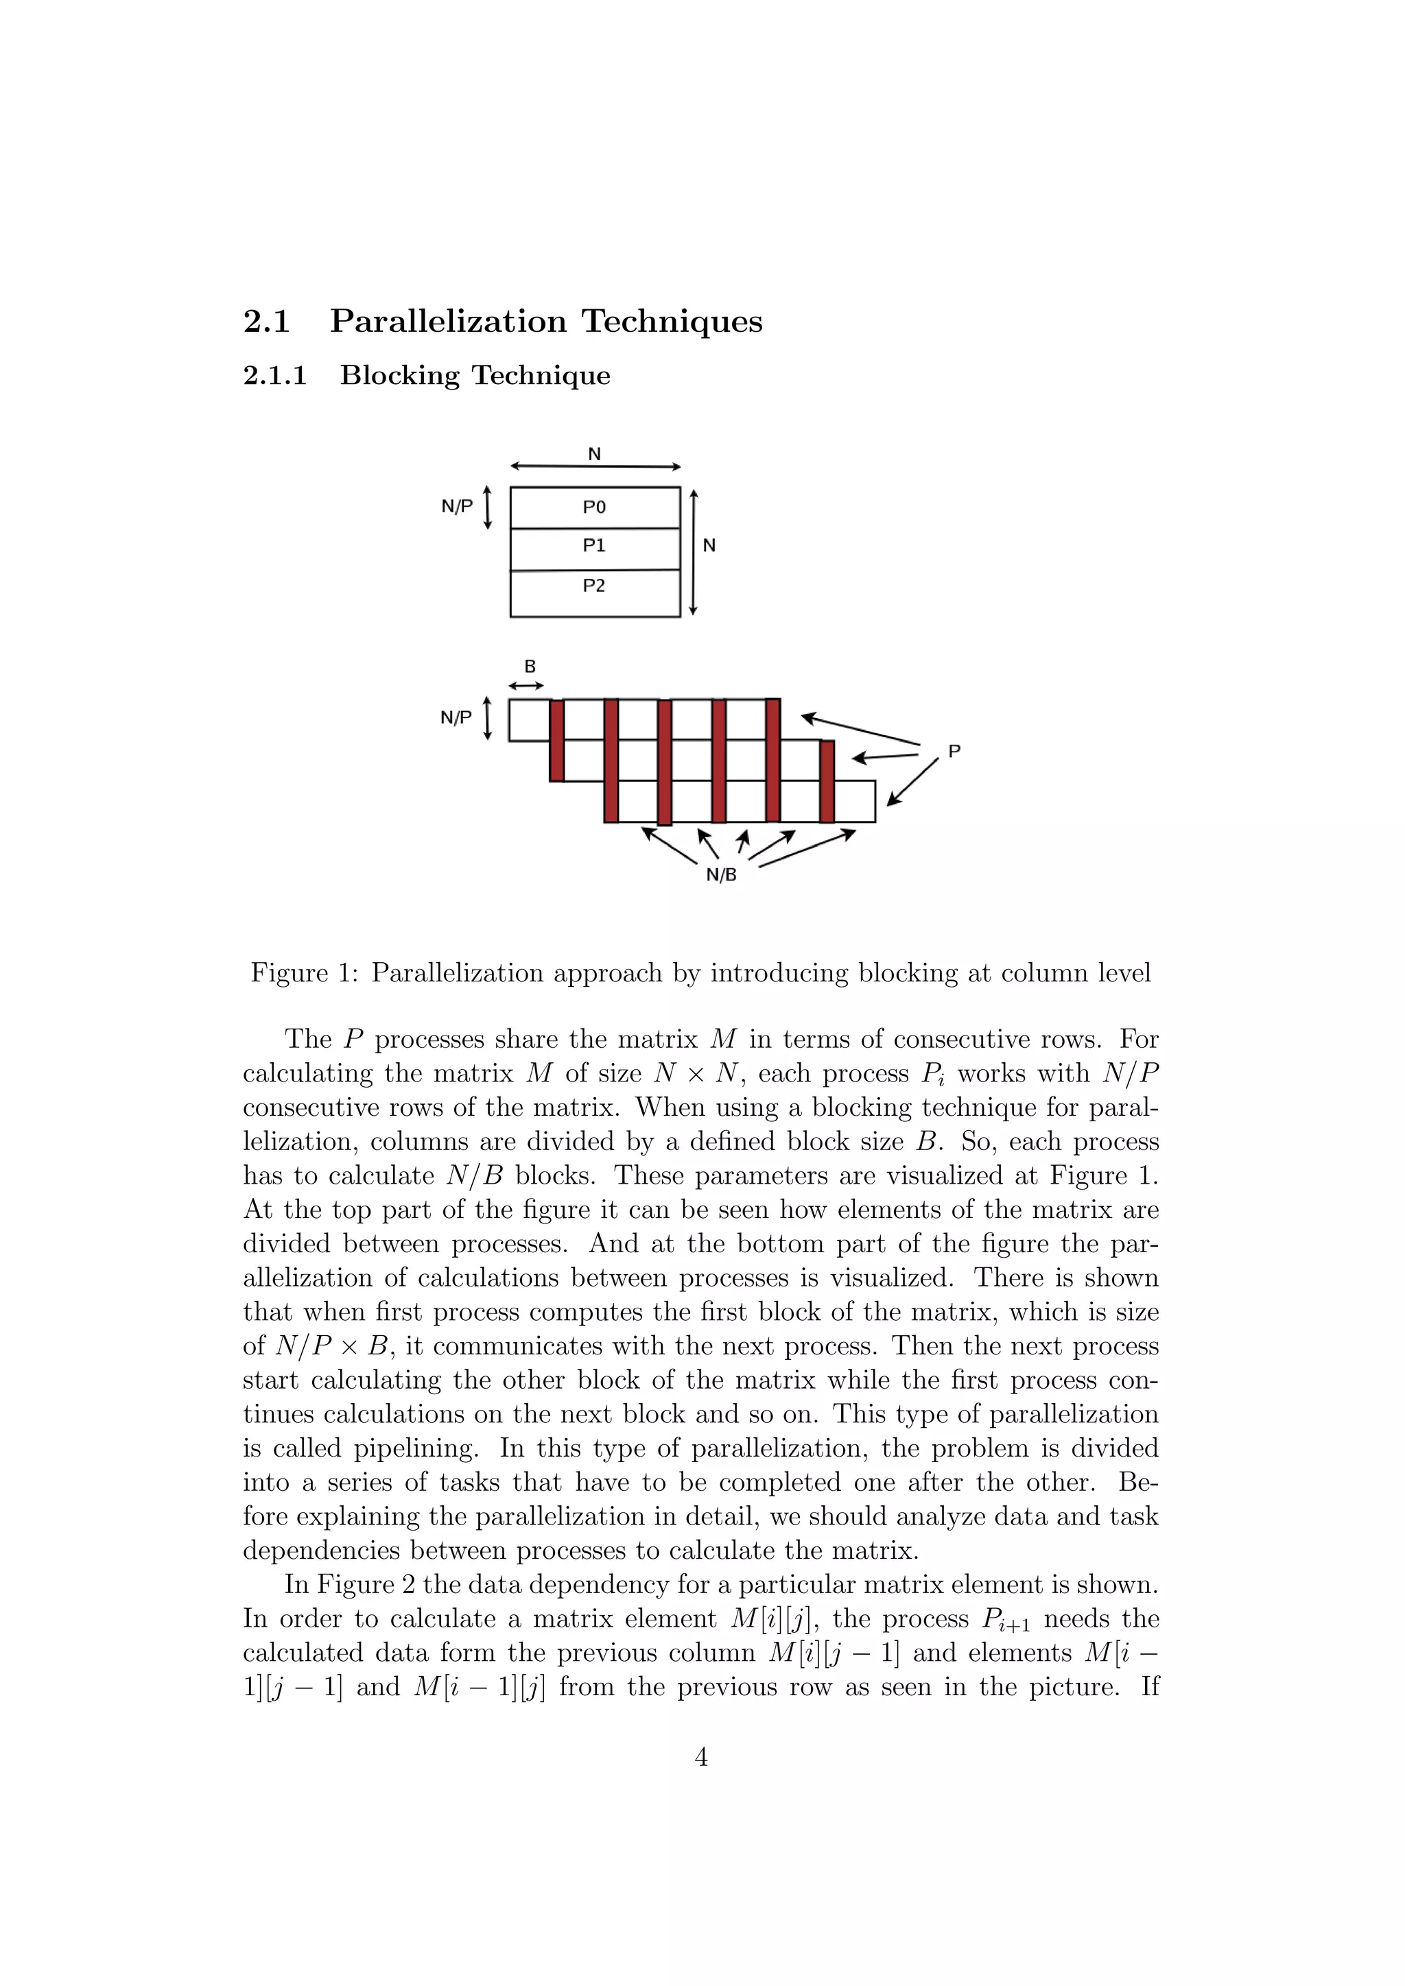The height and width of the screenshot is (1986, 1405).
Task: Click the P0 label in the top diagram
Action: point(593,507)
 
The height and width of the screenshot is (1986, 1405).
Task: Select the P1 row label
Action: point(593,546)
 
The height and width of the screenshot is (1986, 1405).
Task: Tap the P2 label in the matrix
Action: point(593,586)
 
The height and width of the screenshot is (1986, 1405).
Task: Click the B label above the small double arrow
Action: point(530,667)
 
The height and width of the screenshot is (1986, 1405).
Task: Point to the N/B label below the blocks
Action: point(722,874)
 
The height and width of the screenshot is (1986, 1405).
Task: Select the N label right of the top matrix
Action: point(709,546)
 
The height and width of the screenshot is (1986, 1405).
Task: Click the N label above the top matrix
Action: point(594,454)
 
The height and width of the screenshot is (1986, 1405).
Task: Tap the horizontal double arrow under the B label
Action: point(526,686)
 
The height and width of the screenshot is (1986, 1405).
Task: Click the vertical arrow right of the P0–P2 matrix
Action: point(693,553)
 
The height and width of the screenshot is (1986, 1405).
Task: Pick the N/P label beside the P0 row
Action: point(457,507)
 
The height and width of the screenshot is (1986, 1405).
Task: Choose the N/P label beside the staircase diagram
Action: point(456,718)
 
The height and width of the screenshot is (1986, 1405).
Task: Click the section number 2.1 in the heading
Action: point(266,321)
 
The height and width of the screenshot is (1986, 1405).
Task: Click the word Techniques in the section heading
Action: point(672,321)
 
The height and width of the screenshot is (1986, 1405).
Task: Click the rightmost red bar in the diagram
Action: point(827,781)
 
